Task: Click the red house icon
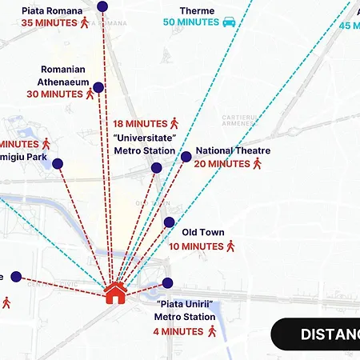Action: coord(115,293)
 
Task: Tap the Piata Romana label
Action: coord(51,10)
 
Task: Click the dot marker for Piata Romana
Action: coord(102,6)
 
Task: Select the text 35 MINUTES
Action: coord(48,23)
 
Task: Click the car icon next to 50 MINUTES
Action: coord(229,22)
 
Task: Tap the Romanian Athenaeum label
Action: coord(62,75)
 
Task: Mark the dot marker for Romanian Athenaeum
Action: coord(98,87)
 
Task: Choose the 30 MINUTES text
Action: coord(54,94)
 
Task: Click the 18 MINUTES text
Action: coord(140,124)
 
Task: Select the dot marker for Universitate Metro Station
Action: coord(157,168)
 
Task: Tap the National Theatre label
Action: coord(233,150)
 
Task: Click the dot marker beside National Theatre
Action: coord(186,157)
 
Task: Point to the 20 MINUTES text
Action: coord(222,164)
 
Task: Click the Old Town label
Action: coord(203,232)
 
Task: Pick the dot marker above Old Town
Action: coord(169,222)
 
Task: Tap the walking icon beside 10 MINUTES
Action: coord(231,246)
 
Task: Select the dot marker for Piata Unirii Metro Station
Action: coord(167,282)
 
